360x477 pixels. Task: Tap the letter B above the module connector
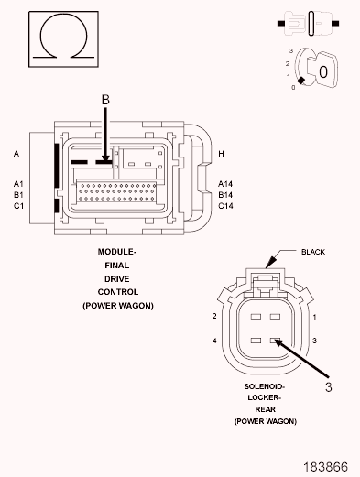click(x=105, y=100)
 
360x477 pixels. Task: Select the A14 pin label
click(x=225, y=184)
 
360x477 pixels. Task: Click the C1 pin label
click(x=18, y=206)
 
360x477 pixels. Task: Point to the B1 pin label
click(x=18, y=195)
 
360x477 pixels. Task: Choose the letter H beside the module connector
click(x=221, y=154)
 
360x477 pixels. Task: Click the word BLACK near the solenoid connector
click(x=313, y=252)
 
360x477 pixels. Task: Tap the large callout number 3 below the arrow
click(x=328, y=387)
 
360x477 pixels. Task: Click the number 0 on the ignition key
click(x=323, y=72)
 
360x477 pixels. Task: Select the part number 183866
click(x=325, y=467)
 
